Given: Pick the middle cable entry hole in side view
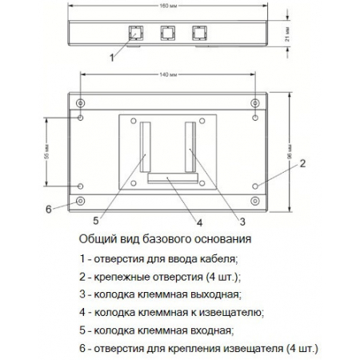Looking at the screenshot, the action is click(167, 34).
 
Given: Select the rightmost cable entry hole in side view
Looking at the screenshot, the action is click(197, 34).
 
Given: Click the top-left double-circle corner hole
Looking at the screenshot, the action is click(80, 103).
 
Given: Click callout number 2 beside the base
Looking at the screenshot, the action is click(303, 165).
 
